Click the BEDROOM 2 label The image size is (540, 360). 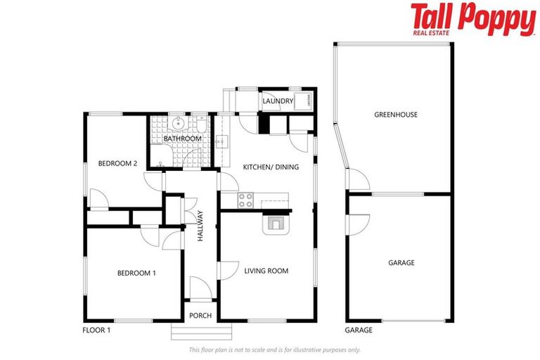click(117, 164)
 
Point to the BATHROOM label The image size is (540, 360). click(183, 139)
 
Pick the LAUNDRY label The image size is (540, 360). click(277, 102)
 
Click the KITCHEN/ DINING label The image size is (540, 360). click(271, 167)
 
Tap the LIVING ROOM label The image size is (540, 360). click(266, 271)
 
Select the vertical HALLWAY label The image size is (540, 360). click(200, 226)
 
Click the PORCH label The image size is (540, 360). click(201, 315)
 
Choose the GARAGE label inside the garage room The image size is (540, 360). click(401, 263)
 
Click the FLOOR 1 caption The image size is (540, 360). click(98, 330)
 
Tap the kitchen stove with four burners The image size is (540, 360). click(246, 200)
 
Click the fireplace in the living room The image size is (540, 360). click(275, 224)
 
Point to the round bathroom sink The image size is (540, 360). click(179, 124)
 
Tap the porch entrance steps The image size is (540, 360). click(201, 331)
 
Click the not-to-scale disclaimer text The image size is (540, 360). click(274, 349)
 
